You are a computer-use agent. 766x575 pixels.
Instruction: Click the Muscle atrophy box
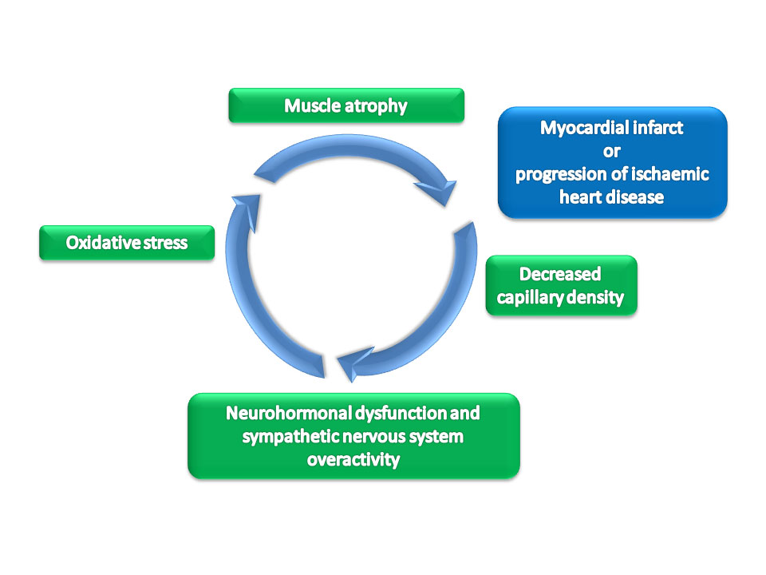pyautogui.click(x=346, y=105)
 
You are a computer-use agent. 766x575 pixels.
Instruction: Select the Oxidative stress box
pyautogui.click(x=127, y=243)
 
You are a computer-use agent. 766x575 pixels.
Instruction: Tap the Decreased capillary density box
pyautogui.click(x=561, y=285)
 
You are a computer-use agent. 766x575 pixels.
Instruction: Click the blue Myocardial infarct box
pyautogui.click(x=613, y=162)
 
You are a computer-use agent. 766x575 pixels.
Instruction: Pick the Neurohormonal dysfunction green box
pyautogui.click(x=353, y=436)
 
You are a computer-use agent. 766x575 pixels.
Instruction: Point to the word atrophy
pyautogui.click(x=376, y=106)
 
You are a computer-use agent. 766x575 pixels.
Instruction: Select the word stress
pyautogui.click(x=166, y=243)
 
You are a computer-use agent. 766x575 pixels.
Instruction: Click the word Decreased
pyautogui.click(x=560, y=274)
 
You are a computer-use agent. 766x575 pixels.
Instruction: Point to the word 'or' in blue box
pyautogui.click(x=612, y=152)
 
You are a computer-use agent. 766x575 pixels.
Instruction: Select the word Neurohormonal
pyautogui.click(x=289, y=413)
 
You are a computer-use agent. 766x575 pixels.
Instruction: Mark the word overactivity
pyautogui.click(x=353, y=460)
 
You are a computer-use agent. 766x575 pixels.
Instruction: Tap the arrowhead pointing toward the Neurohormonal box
pyautogui.click(x=354, y=364)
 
